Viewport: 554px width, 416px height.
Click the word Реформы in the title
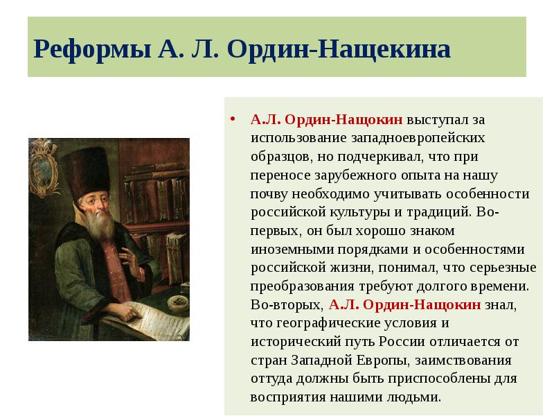click(78, 49)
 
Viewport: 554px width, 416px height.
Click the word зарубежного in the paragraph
click(355, 175)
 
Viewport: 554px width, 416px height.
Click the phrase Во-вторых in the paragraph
click(286, 304)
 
